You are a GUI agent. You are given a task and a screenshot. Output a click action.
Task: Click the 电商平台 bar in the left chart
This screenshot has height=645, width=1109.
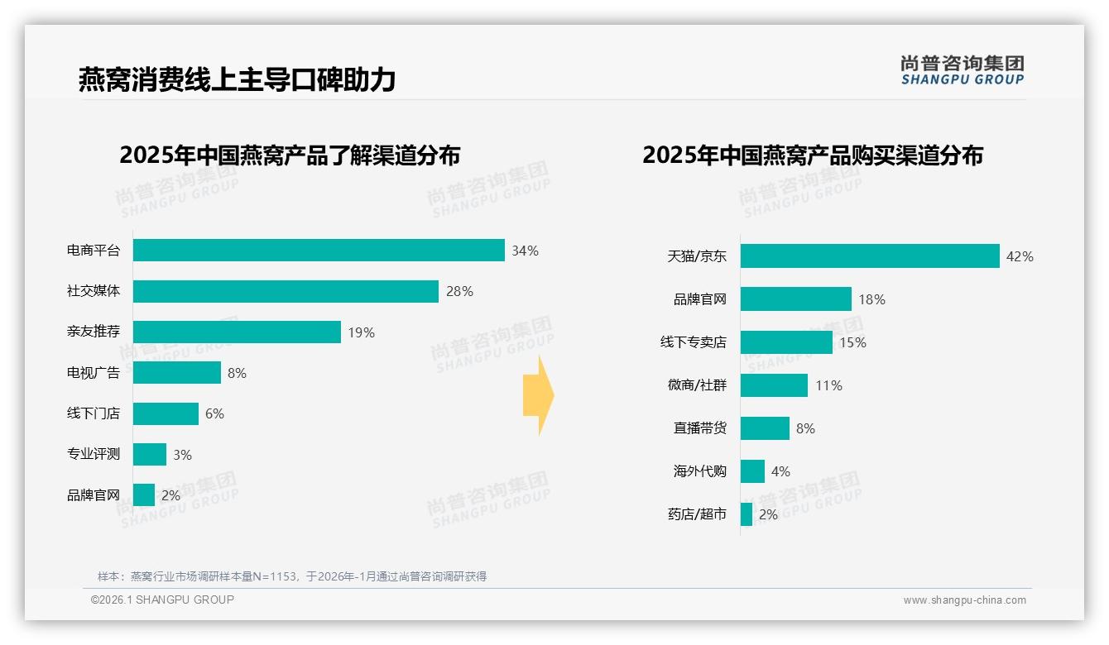coord(319,251)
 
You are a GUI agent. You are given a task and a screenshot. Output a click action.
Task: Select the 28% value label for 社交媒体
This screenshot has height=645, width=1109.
coord(459,291)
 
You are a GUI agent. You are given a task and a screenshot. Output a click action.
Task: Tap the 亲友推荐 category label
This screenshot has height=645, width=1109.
coord(94,332)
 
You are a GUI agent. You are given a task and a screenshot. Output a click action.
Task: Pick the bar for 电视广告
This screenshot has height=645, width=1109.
coord(177,373)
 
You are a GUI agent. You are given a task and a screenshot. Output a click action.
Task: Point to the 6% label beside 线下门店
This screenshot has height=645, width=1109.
coord(214,413)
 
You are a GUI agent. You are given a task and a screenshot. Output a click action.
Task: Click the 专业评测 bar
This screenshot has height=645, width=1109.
coord(150,455)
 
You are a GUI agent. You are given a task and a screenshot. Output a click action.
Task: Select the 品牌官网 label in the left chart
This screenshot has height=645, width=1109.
coord(94,495)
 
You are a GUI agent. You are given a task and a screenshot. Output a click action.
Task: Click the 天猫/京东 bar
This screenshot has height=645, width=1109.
coord(870,256)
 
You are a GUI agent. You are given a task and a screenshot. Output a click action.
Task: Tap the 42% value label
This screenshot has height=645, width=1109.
coord(1020,256)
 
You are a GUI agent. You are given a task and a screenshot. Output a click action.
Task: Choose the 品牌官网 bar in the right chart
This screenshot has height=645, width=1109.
coord(796,299)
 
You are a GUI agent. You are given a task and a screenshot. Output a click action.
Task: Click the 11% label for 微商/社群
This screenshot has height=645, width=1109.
coord(828,385)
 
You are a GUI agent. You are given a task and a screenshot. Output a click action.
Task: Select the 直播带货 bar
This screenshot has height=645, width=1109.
coord(765,428)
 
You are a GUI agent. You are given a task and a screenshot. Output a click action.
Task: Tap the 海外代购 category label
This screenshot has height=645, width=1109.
coord(700,471)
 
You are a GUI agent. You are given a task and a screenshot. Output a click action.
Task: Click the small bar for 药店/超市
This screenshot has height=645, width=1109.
coord(747,514)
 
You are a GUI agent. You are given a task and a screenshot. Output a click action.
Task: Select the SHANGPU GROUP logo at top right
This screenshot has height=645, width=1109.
coord(962,69)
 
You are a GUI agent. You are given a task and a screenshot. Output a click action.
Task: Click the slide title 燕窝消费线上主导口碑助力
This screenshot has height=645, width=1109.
coord(237,79)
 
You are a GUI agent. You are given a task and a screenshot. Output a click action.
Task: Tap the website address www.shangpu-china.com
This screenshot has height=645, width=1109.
coord(964,600)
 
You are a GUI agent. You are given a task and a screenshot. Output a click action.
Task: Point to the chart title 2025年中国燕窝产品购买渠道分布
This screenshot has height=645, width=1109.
coord(813,155)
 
